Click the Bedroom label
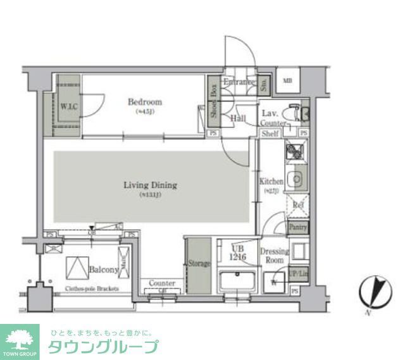144,102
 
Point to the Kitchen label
271,182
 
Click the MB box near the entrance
287,80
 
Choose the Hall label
238,118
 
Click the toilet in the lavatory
292,113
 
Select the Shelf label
270,133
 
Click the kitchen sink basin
294,180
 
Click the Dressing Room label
274,255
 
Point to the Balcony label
104,270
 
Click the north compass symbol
373,292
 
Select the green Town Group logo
21,342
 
